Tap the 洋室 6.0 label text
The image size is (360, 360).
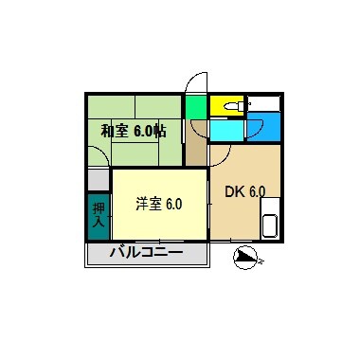tap(158, 204)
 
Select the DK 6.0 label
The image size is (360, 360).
tap(244, 190)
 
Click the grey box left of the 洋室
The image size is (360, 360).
tap(99, 177)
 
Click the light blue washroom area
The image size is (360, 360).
tap(228, 128)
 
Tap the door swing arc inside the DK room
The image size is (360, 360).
tap(220, 153)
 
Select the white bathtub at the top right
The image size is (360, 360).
tap(267, 103)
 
